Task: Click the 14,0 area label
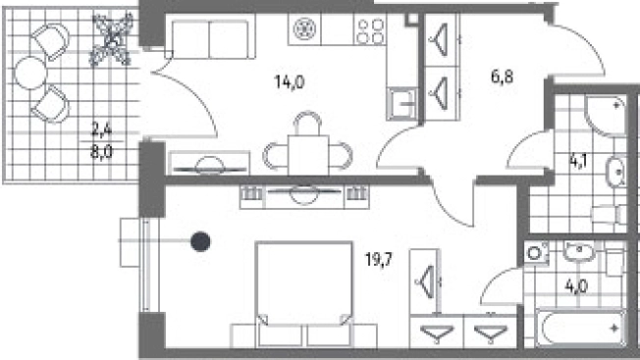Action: click(290, 82)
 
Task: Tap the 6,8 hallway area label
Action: click(502, 77)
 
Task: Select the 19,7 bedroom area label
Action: click(378, 259)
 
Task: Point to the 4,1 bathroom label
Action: click(578, 162)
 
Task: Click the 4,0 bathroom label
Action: click(576, 286)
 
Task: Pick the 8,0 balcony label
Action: click(101, 152)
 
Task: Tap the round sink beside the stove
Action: click(304, 29)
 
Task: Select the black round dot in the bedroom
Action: click(200, 241)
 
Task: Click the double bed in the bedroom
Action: click(304, 294)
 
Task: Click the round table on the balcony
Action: click(30, 74)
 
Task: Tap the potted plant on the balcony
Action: click(112, 39)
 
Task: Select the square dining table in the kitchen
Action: click(308, 155)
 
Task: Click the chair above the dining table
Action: click(308, 123)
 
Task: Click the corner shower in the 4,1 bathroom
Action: click(605, 116)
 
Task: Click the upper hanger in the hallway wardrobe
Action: click(440, 39)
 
